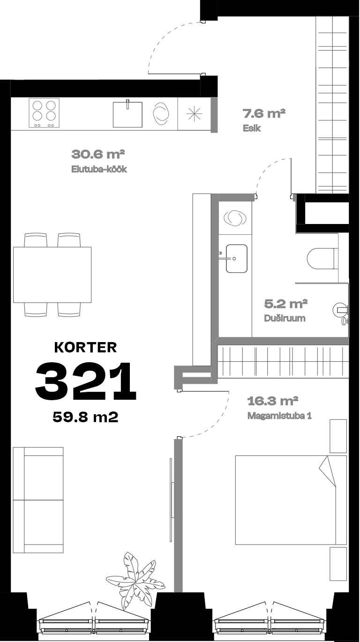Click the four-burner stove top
(x=44, y=113)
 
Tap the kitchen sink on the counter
(x=127, y=114)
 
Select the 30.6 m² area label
(x=98, y=154)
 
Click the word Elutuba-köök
(x=99, y=169)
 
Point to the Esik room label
(x=252, y=128)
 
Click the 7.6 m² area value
(x=264, y=113)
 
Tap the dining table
(x=52, y=275)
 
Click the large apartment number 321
(x=86, y=381)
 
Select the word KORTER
(x=85, y=347)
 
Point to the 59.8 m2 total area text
(x=85, y=417)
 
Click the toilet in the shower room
(x=321, y=258)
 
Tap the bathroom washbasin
(x=236, y=259)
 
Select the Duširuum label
(x=285, y=318)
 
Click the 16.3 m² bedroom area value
(x=273, y=401)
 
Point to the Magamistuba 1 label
(x=279, y=416)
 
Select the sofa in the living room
(x=38, y=500)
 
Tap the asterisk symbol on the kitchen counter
(x=194, y=114)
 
